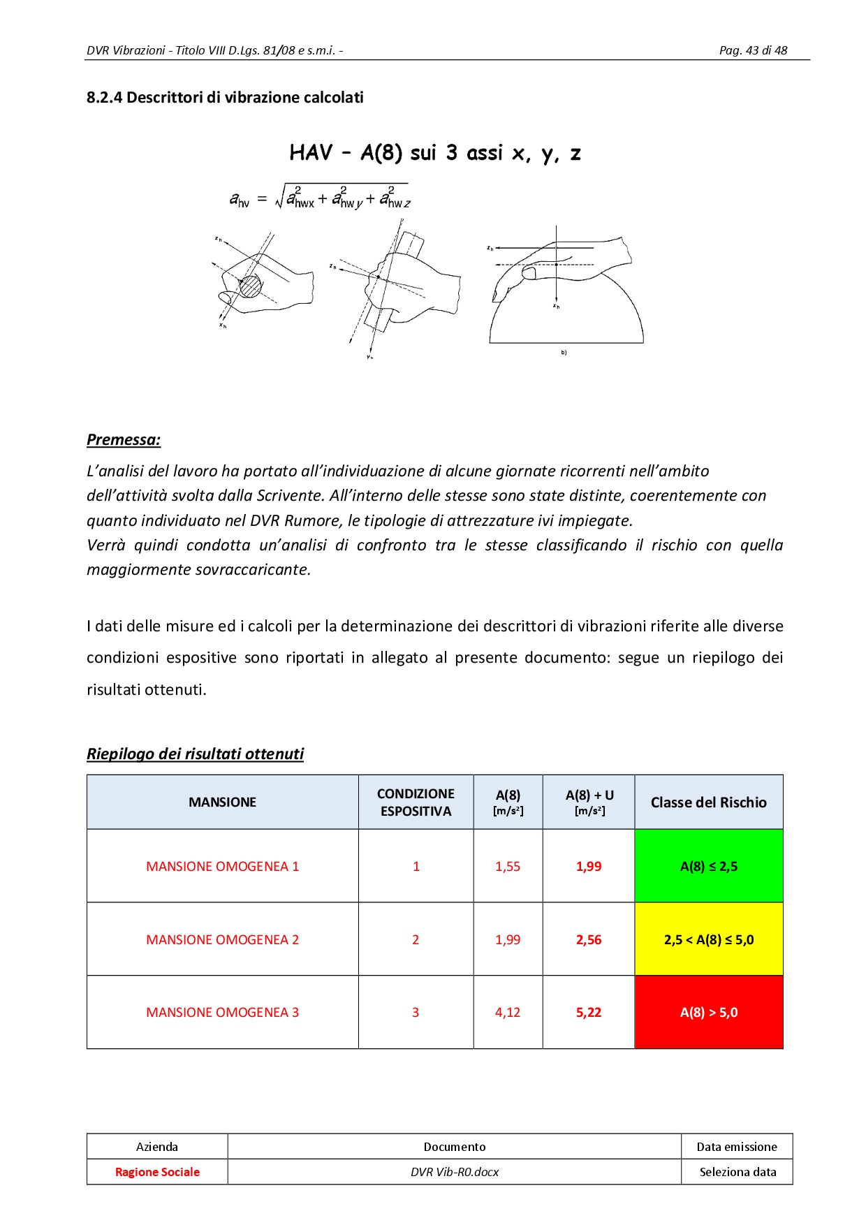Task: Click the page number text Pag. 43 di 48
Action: point(753,50)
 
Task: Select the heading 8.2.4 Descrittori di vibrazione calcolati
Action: point(225,98)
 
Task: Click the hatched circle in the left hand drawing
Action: point(250,285)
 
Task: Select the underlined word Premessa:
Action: point(124,440)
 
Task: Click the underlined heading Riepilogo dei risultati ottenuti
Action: point(195,754)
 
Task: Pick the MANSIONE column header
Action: point(222,802)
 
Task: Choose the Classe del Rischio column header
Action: point(708,802)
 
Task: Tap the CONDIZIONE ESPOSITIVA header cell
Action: point(416,802)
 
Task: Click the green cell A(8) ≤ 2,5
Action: point(708,867)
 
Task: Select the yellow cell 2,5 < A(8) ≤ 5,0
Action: point(708,940)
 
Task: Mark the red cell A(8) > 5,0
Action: point(708,1013)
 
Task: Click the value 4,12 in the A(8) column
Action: point(508,1013)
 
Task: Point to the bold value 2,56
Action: point(589,940)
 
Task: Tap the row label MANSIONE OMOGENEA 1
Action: point(222,867)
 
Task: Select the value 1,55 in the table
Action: point(508,867)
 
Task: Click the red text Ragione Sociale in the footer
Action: point(157,1172)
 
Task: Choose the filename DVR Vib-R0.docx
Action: point(455,1172)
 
